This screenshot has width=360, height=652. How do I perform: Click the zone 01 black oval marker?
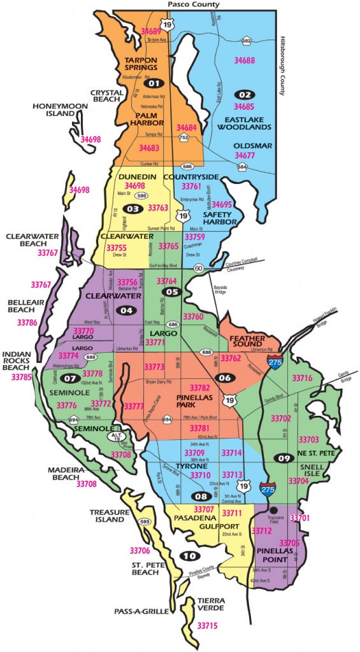(x=152, y=83)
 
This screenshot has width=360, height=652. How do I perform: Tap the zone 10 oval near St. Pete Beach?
(x=189, y=555)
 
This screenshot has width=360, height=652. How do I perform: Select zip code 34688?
(x=245, y=60)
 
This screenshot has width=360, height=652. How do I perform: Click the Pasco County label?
(x=194, y=4)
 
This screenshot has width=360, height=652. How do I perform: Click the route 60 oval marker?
(x=200, y=268)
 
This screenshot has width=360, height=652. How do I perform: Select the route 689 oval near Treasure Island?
(x=145, y=522)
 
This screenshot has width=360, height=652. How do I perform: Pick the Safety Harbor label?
(x=221, y=218)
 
